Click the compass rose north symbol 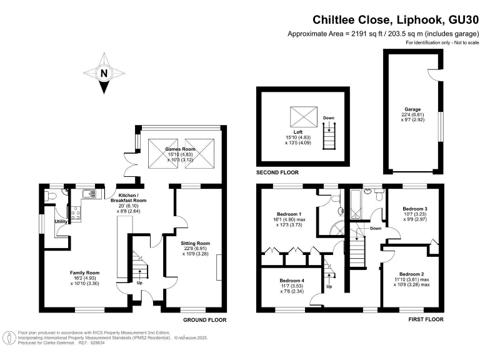[x=104, y=73]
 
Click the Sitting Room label [x=196, y=243]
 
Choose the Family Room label [x=84, y=273]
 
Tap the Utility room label [x=61, y=221]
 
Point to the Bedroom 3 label [x=415, y=209]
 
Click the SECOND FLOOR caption [x=277, y=172]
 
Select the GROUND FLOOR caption [x=204, y=319]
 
